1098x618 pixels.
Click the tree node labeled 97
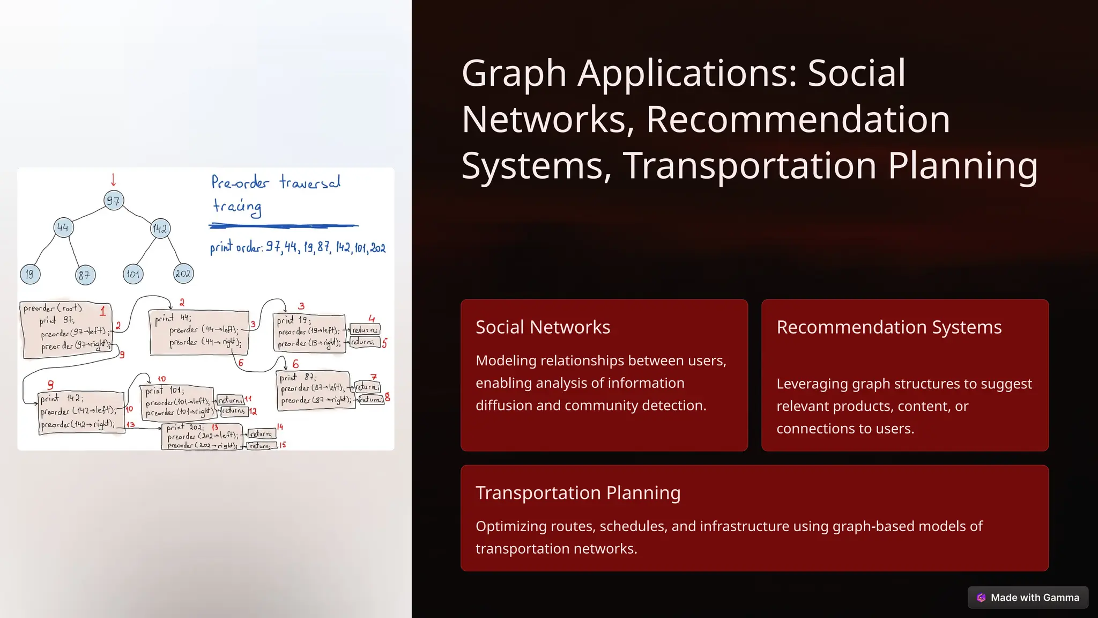click(x=114, y=201)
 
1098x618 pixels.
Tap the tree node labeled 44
click(x=63, y=227)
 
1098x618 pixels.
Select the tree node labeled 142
click(x=160, y=229)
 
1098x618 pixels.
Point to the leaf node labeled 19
click(x=30, y=274)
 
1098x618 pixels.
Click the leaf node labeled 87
click(x=85, y=275)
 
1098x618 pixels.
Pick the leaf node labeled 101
click(x=133, y=274)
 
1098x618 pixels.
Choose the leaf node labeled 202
click(x=183, y=274)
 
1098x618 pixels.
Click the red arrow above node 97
click(x=113, y=180)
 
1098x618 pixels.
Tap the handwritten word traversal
click(x=310, y=182)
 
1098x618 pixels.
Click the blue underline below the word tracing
click(x=283, y=226)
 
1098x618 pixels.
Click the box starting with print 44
click(x=199, y=332)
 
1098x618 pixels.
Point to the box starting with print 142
click(x=81, y=412)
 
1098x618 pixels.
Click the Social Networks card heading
click(x=543, y=327)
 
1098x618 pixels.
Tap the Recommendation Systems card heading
click(x=888, y=327)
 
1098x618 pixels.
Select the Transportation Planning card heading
click(x=577, y=493)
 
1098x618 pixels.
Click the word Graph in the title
click(x=514, y=73)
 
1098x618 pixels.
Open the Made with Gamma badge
click(x=1028, y=598)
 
